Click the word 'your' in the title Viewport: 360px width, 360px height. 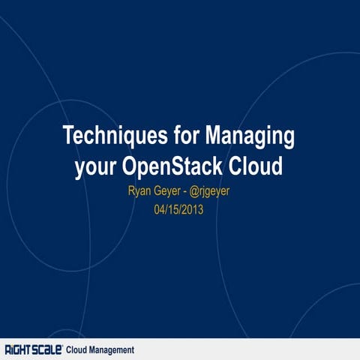(96, 166)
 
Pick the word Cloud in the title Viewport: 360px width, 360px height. (258, 165)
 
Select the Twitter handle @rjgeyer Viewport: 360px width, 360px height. (219, 192)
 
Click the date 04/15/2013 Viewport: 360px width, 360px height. (179, 210)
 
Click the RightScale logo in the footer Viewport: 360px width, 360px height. (34, 349)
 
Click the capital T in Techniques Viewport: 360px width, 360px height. (69, 136)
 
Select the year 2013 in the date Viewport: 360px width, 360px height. (192, 210)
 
